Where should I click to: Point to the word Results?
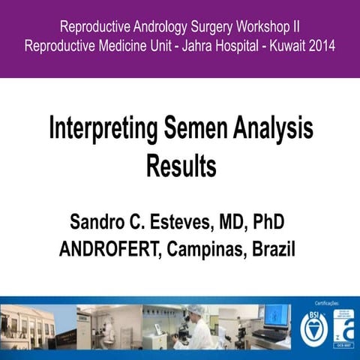click(181, 166)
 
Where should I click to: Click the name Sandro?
click(100, 223)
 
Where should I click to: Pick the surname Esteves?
click(184, 223)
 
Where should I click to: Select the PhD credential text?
click(271, 223)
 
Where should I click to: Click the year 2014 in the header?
click(319, 46)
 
